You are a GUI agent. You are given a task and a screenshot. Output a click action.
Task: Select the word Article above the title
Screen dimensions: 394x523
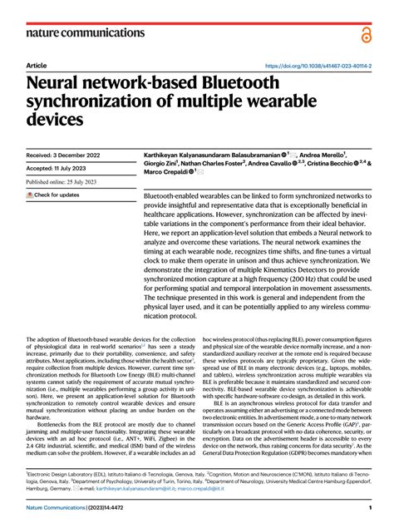pyautogui.click(x=36, y=64)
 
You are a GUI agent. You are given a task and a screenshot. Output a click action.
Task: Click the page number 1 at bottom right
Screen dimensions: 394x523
pyautogui.click(x=368, y=508)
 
